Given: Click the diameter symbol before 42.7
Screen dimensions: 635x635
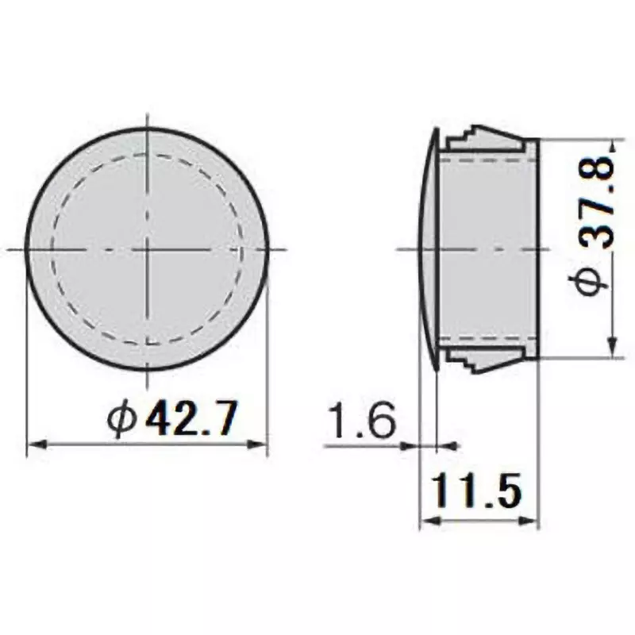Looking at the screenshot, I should [125, 418].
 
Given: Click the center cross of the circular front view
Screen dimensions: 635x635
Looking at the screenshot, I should [148, 249].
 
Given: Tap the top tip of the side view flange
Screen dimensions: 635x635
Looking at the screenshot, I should [436, 129].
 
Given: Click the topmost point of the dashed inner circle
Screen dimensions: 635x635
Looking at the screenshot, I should [148, 154].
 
